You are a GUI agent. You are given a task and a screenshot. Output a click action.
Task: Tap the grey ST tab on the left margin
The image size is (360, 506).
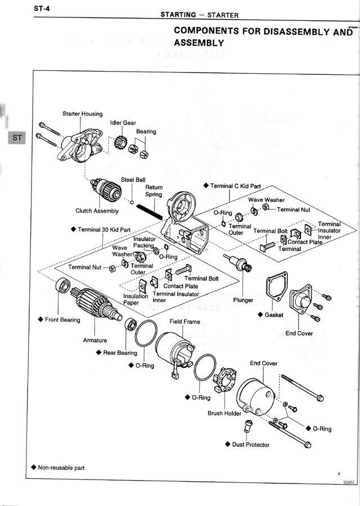[17, 138]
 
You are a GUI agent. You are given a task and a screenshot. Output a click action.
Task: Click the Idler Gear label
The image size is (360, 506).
[123, 123]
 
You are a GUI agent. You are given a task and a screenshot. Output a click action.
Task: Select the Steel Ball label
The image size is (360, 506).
[133, 180]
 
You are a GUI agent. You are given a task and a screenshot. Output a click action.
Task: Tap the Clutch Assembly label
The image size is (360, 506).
[97, 211]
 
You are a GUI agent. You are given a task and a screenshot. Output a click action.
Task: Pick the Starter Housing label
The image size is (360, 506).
[82, 114]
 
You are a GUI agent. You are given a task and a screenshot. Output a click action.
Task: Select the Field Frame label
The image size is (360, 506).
[184, 322]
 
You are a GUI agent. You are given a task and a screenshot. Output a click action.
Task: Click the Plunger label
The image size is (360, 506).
[243, 300]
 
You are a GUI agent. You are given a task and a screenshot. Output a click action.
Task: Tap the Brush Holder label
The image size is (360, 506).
[224, 413]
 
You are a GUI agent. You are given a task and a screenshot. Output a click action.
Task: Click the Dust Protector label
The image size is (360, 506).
[250, 445]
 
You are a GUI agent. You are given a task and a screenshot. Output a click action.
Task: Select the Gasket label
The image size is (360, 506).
[274, 315]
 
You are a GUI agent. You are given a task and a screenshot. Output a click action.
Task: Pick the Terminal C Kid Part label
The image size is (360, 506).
[236, 186]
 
